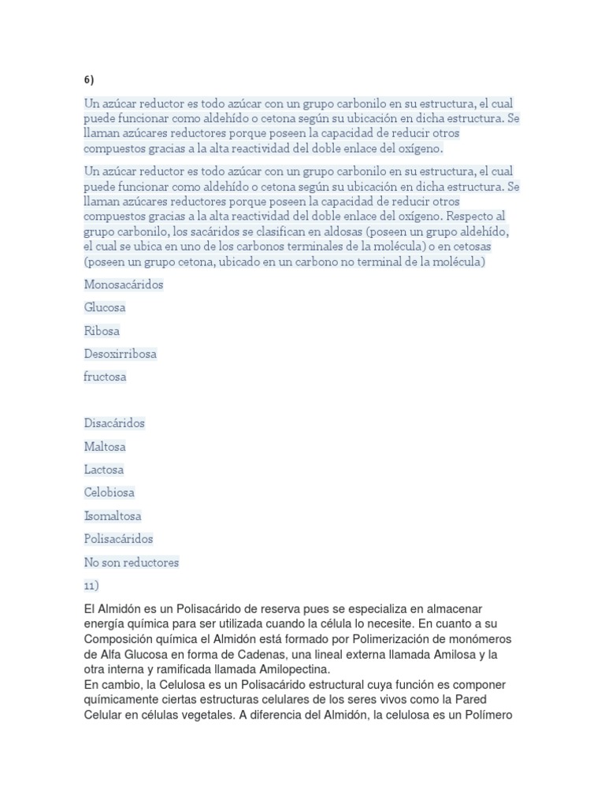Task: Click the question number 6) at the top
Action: tap(88, 80)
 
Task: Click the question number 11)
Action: tap(91, 586)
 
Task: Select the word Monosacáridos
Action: tap(124, 284)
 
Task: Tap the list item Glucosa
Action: tap(105, 307)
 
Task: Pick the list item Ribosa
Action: tap(102, 331)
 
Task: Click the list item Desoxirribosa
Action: tap(121, 354)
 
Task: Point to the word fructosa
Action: tap(105, 377)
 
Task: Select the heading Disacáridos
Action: tap(114, 423)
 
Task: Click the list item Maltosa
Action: tap(105, 447)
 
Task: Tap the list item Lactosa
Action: tap(104, 470)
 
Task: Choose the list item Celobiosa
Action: tap(109, 493)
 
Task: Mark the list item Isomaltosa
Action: tap(113, 516)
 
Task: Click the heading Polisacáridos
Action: tap(119, 539)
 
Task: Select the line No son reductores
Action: tap(132, 563)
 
